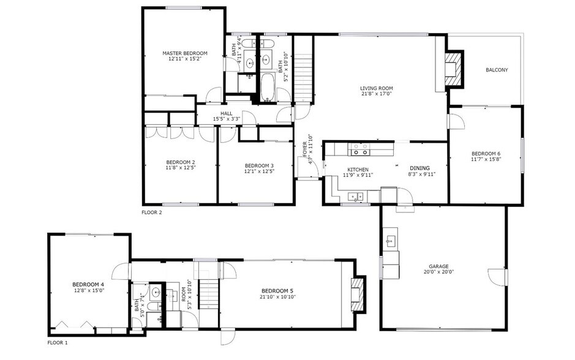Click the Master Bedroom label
pyautogui.click(x=185, y=53)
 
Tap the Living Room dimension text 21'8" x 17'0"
pyautogui.click(x=376, y=94)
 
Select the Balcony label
pyautogui.click(x=497, y=70)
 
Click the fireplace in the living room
pyautogui.click(x=452, y=68)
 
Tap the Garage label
pyautogui.click(x=438, y=266)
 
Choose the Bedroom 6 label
pyautogui.click(x=486, y=153)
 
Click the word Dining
pyautogui.click(x=419, y=168)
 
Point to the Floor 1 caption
pyautogui.click(x=58, y=343)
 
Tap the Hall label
pyautogui.click(x=227, y=113)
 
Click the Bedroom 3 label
pyautogui.click(x=259, y=165)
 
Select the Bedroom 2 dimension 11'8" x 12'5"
pyautogui.click(x=181, y=167)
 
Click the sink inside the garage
pyautogui.click(x=389, y=241)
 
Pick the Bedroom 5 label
pyautogui.click(x=277, y=290)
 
